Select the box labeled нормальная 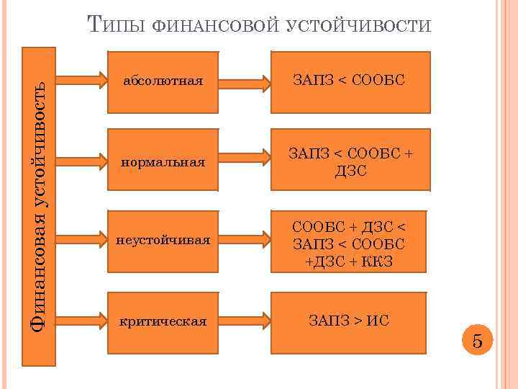click(163, 161)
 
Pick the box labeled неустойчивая click(163, 240)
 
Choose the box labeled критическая click(163, 320)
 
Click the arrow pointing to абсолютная click(81, 77)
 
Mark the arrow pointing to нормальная click(81, 156)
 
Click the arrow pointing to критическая click(81, 316)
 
